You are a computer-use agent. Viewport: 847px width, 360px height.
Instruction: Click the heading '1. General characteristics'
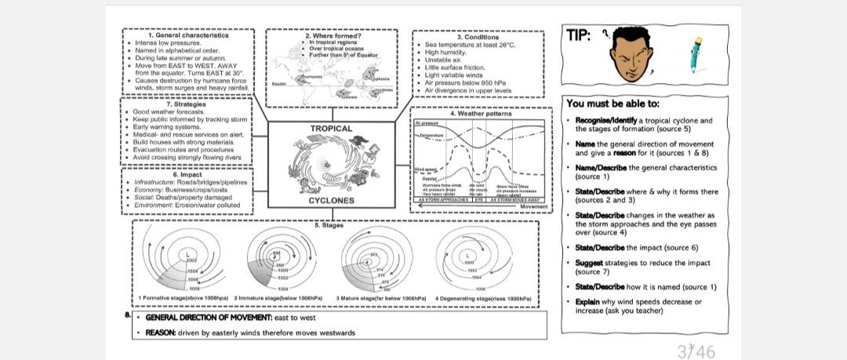(188, 35)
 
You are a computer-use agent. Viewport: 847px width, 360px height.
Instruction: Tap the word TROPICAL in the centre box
(331, 128)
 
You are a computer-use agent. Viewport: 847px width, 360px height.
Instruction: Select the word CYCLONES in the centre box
(331, 201)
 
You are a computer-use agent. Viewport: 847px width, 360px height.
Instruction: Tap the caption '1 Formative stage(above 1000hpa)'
(183, 298)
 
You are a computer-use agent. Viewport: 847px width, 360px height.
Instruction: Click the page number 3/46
(696, 351)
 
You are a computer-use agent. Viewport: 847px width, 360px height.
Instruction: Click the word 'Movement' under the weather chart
(533, 206)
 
